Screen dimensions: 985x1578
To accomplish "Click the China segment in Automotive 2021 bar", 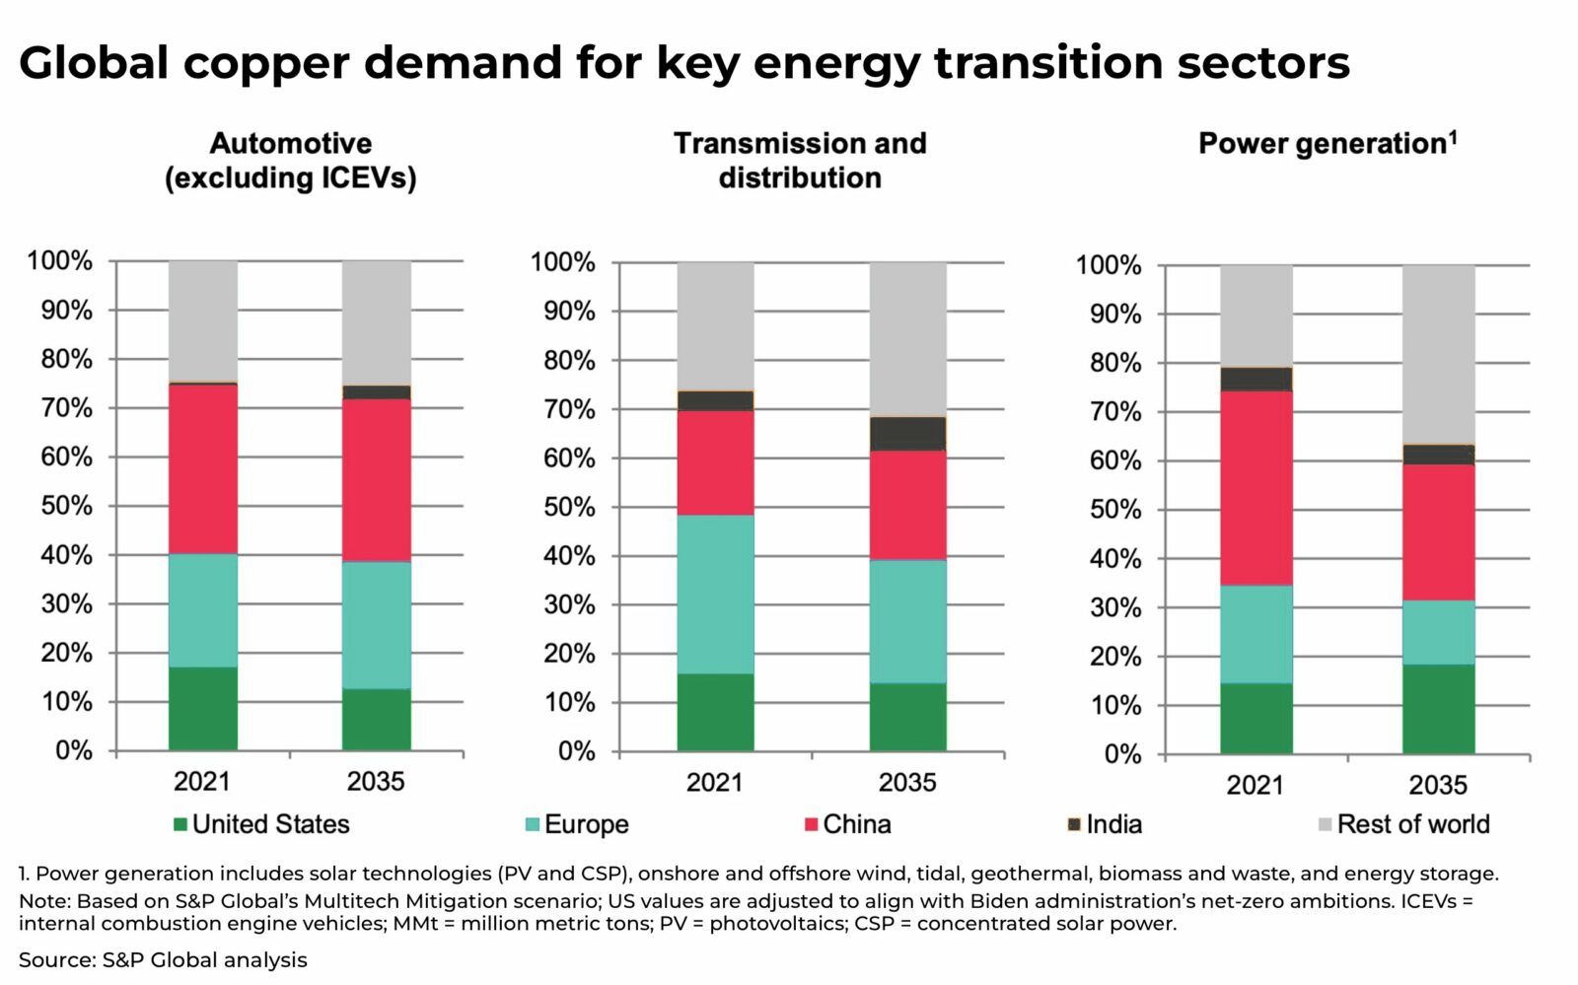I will click(x=202, y=468).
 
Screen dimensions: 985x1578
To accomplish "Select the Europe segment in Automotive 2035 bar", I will click(x=376, y=624).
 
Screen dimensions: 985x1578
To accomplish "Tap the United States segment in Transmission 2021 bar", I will click(x=715, y=712).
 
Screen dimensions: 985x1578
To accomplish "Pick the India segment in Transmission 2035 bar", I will click(x=907, y=434).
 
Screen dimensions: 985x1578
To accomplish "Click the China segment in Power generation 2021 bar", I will click(x=1255, y=488).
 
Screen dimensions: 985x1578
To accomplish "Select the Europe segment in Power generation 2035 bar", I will click(x=1438, y=632).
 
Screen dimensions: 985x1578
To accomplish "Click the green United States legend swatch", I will click(x=180, y=824).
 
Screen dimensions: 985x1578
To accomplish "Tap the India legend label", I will click(x=1113, y=824).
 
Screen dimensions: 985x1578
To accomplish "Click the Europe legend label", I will click(x=586, y=824).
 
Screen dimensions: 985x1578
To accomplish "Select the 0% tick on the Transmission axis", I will click(x=576, y=751).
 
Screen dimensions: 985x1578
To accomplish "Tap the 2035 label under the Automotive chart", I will click(x=376, y=782).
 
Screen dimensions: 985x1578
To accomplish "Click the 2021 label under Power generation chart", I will click(x=1255, y=785).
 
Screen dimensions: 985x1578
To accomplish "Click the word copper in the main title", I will click(x=266, y=63).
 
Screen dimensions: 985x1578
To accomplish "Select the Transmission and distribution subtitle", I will click(x=800, y=161).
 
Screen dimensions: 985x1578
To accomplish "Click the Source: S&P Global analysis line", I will click(x=163, y=959).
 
